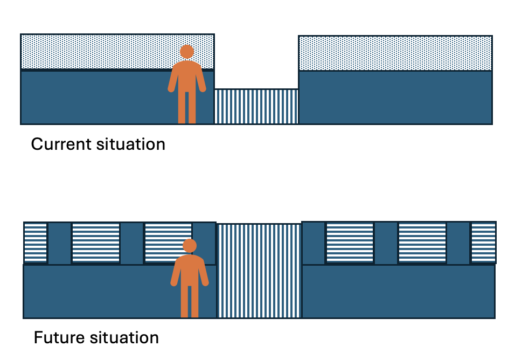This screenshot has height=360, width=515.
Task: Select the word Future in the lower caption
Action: (57, 338)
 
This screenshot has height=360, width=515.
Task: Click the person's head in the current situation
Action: (187, 52)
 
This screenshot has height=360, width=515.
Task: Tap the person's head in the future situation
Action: (190, 246)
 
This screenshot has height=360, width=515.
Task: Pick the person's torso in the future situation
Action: (190, 269)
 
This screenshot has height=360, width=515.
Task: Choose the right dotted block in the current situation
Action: (395, 53)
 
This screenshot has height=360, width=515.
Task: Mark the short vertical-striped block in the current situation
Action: (256, 106)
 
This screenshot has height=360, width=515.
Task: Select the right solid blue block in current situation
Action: (395, 97)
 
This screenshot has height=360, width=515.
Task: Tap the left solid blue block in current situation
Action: (97, 97)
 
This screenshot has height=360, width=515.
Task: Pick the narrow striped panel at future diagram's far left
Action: (36, 243)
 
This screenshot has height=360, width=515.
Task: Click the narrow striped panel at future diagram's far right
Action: (483, 243)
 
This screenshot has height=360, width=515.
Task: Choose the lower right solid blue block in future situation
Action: (398, 291)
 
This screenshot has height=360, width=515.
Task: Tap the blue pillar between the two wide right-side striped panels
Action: (386, 243)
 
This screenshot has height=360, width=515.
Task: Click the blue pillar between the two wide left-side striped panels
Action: (131, 243)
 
